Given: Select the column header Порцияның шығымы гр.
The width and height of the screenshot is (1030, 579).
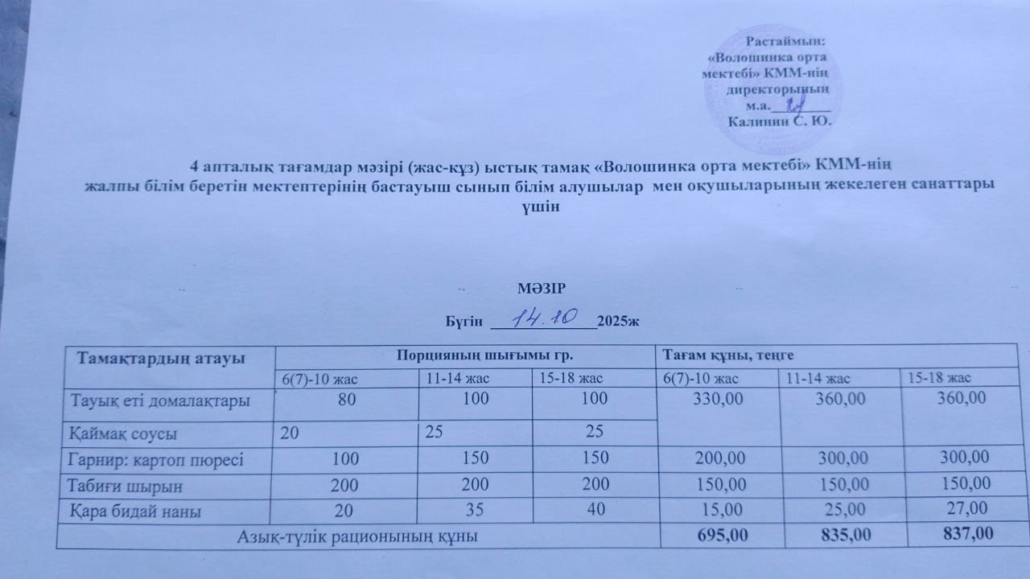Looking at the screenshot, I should pyautogui.click(x=468, y=354).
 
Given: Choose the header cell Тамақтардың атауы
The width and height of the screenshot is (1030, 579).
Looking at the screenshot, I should pyautogui.click(x=160, y=357).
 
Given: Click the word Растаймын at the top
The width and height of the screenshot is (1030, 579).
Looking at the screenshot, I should pyautogui.click(x=787, y=39).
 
